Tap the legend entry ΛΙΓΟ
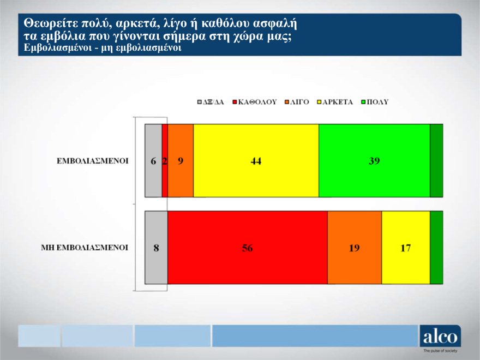click(300, 102)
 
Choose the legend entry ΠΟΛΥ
click(377, 102)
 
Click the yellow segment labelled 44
click(256, 161)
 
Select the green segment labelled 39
click(374, 161)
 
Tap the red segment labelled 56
click(247, 248)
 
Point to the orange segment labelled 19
click(354, 248)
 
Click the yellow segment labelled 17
click(405, 248)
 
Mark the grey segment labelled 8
click(156, 248)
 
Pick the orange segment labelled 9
click(181, 161)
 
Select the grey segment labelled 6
click(153, 161)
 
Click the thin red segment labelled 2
click(165, 161)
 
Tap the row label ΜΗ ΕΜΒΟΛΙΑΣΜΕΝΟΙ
click(85, 248)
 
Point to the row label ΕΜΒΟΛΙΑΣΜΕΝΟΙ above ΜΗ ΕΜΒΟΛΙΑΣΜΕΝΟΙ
click(93, 161)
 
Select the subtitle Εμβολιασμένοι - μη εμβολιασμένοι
click(103, 48)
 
